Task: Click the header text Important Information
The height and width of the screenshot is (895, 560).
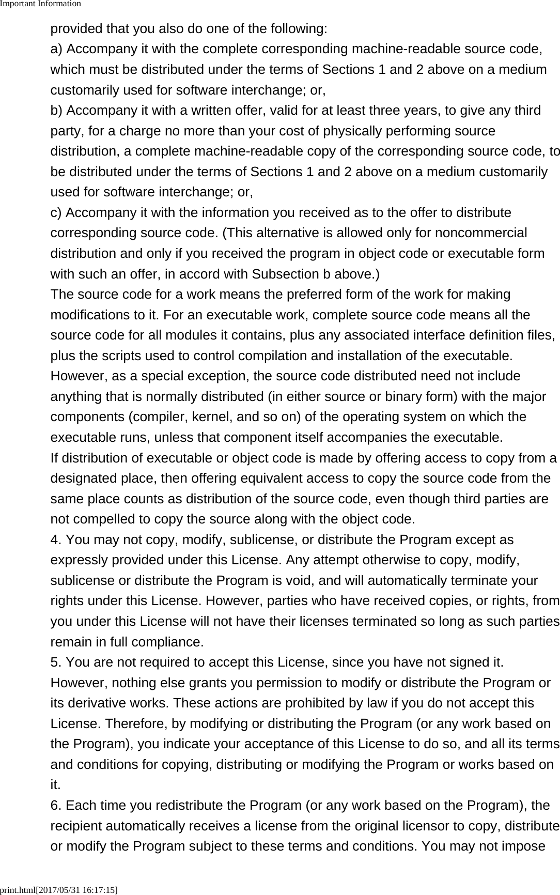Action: click(40, 4)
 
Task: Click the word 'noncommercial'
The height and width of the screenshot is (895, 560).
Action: click(481, 233)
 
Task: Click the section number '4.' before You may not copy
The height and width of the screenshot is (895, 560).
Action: click(56, 540)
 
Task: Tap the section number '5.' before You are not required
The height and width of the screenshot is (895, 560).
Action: click(56, 662)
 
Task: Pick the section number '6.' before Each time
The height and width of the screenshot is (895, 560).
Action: click(56, 806)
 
